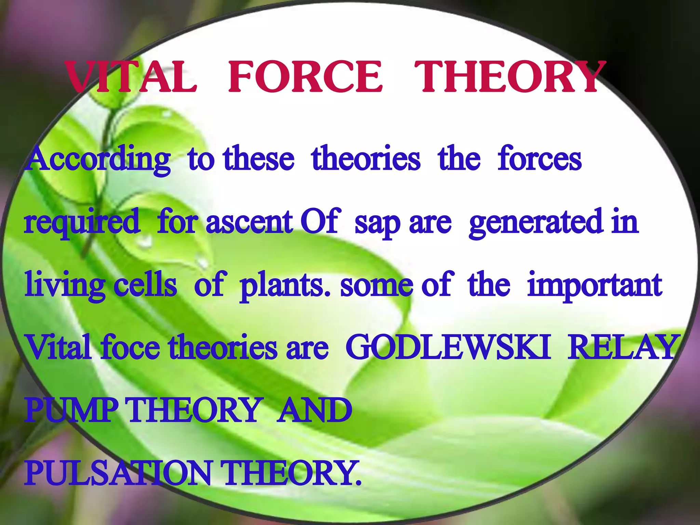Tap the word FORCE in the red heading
tap(305, 77)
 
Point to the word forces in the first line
tap(539, 159)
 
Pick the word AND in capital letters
tap(314, 410)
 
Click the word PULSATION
tap(118, 473)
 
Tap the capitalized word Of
tap(320, 221)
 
